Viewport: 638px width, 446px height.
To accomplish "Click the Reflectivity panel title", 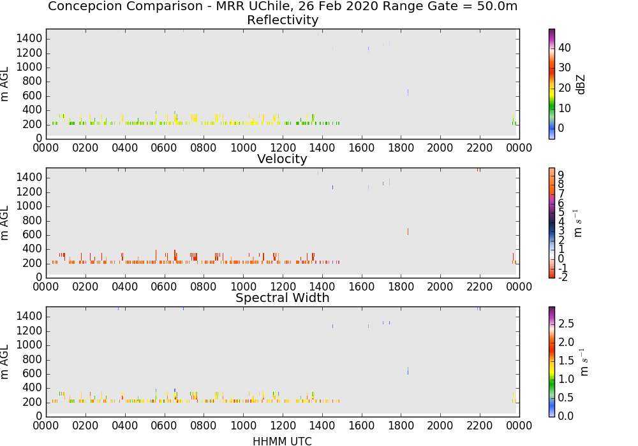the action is (x=283, y=20).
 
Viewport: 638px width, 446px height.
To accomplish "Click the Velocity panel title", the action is (x=282, y=159).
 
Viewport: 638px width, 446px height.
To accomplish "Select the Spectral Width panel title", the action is (x=283, y=298).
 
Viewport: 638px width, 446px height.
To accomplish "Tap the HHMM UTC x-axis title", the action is (x=282, y=441).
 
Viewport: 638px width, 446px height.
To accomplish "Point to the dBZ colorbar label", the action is (x=581, y=85).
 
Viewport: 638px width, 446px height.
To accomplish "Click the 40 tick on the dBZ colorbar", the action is (x=565, y=48).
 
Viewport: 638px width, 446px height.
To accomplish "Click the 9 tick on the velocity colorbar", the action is (x=561, y=175).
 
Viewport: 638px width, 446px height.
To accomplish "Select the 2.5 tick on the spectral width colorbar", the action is (x=566, y=324).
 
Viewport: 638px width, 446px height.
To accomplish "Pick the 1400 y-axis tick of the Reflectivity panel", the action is (x=29, y=39).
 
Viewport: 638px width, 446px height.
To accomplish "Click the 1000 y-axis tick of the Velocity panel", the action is (x=29, y=206).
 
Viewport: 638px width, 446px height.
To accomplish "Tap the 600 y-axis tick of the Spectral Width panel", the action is (x=33, y=374).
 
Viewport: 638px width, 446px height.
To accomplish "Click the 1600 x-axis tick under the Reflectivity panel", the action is (x=361, y=147).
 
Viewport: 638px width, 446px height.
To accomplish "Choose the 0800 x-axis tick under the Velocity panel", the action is (x=204, y=286).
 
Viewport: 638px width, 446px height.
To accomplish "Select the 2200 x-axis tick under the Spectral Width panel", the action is (x=480, y=425).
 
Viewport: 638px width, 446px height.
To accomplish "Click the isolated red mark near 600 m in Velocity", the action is (x=408, y=231).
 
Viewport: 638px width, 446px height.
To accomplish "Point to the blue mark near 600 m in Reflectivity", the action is (x=408, y=92).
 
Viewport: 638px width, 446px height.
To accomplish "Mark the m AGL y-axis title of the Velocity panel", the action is (x=5, y=223).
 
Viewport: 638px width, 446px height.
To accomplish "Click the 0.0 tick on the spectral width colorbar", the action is (x=566, y=416).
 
